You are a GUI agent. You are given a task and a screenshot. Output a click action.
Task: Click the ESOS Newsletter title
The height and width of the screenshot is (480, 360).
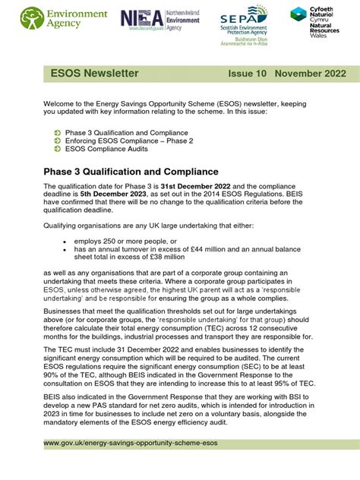94,74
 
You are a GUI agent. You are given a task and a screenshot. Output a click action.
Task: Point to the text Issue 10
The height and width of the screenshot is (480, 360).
248,74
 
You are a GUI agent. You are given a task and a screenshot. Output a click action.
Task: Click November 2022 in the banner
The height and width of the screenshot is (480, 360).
311,74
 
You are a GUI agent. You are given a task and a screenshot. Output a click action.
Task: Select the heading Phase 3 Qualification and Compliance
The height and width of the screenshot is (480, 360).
131,172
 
